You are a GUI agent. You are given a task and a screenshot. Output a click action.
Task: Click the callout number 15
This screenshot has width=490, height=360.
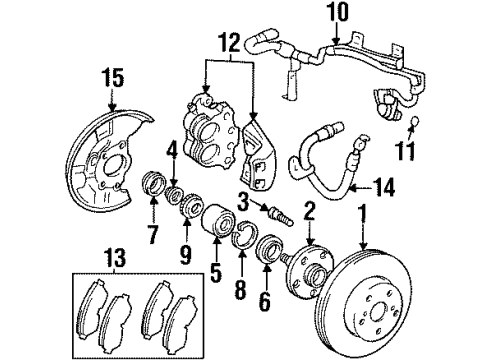tap(113, 78)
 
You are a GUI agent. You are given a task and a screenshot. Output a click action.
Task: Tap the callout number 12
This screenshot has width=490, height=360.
tap(229, 42)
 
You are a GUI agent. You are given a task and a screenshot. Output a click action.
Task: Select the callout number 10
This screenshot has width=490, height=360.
tap(337, 12)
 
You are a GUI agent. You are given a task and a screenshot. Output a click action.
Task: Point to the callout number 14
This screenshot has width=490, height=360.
tap(384, 187)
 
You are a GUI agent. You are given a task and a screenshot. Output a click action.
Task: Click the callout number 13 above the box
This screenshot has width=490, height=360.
tap(115, 257)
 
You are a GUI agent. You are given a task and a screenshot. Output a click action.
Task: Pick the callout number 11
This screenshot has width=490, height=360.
tap(405, 150)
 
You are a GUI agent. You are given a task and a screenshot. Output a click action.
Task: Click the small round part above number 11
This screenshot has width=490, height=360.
tap(415, 121)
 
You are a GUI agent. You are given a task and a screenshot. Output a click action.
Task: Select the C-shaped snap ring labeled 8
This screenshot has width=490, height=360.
tap(243, 235)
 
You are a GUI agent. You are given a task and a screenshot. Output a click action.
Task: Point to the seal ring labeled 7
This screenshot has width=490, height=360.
tap(154, 182)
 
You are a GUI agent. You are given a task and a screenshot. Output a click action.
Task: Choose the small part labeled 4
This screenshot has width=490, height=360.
tap(175, 195)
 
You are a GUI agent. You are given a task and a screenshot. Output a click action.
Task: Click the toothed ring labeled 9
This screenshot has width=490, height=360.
tap(193, 206)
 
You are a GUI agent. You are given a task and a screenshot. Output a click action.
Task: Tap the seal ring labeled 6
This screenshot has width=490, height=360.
tap(269, 250)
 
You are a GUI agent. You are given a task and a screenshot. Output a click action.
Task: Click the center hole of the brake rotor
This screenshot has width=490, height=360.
tap(379, 312)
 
